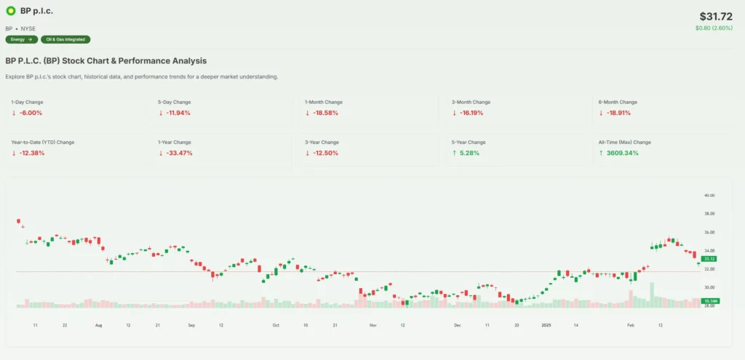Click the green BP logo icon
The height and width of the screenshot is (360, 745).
[x=11, y=11]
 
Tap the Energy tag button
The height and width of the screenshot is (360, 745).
[x=21, y=39]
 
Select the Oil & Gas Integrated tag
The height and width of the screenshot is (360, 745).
[x=66, y=39]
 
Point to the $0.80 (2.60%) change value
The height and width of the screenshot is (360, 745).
[x=714, y=28]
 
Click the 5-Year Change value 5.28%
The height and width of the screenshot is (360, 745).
[x=469, y=153]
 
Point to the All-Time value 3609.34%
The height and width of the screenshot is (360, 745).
[x=621, y=153]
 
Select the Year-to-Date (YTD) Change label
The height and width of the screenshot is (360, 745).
[x=43, y=142]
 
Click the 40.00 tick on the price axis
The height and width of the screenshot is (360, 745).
[x=709, y=196]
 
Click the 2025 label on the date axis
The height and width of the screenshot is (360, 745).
[x=546, y=325]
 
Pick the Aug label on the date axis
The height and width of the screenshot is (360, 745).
[x=98, y=325]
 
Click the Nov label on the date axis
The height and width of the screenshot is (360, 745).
[x=372, y=325]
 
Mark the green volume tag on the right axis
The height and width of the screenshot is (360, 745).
[x=710, y=300]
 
